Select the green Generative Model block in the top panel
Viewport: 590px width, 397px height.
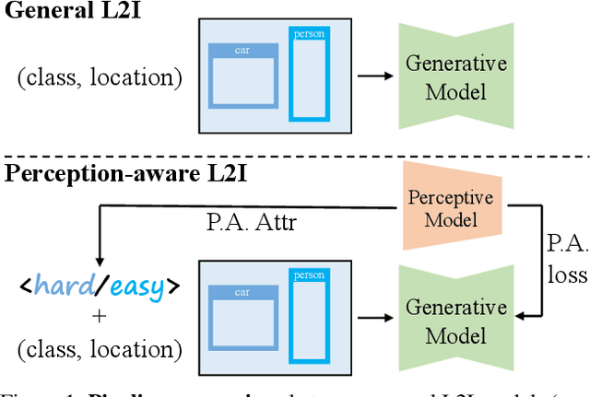pos(455,76)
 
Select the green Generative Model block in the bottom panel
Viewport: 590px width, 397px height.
pos(455,319)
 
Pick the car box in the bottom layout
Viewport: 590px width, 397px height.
pos(242,319)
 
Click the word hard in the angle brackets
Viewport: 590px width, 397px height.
pos(64,286)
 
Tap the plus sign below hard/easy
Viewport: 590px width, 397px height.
pos(99,316)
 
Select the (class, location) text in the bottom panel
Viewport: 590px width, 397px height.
pos(99,348)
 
